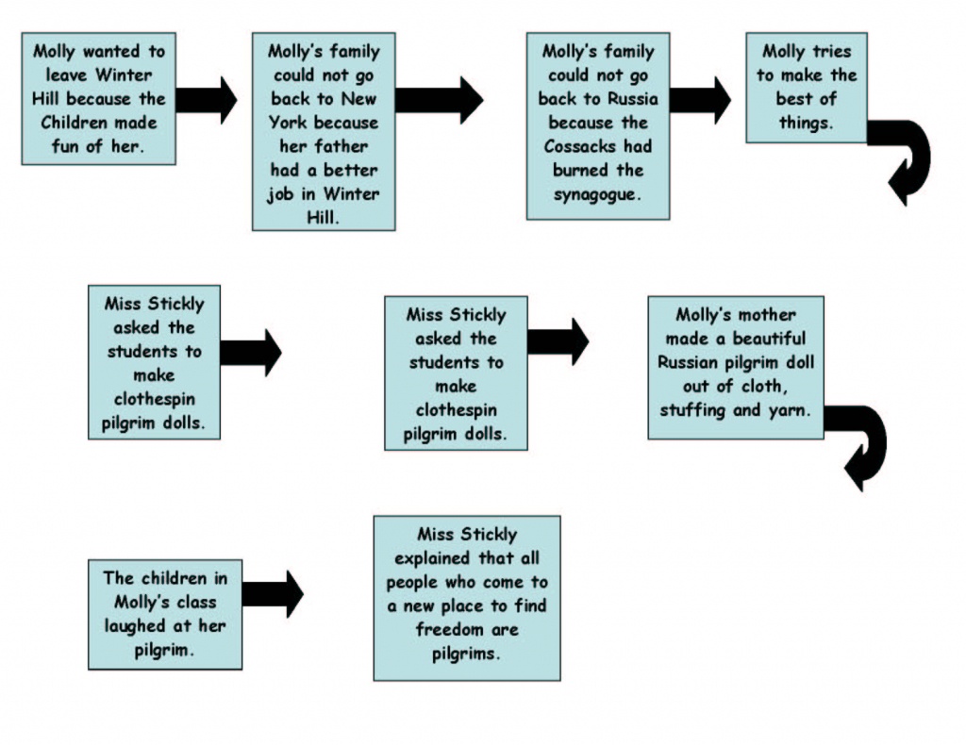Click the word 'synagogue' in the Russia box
coord(597,194)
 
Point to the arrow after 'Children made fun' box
coord(207,100)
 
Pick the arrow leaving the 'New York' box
coord(439,100)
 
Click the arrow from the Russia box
coord(700,100)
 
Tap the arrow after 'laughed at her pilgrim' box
coord(273,594)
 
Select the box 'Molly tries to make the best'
coord(807,88)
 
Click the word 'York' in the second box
coord(289,123)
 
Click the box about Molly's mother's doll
coord(736,368)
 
